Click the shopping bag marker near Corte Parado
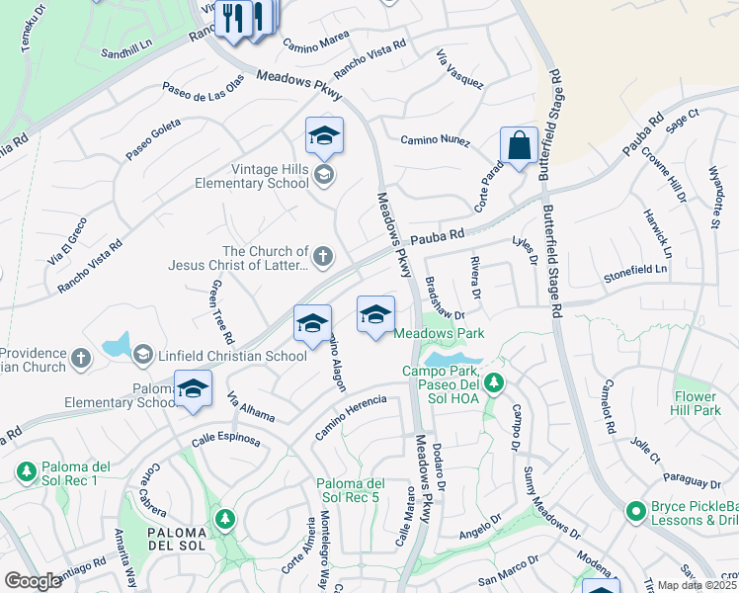click(518, 147)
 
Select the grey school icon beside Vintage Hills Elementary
click(323, 176)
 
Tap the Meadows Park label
click(440, 334)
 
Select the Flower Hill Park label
click(697, 402)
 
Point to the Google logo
click(33, 581)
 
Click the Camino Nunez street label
click(431, 140)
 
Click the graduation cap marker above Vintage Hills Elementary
click(323, 137)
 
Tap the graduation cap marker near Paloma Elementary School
click(193, 388)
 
